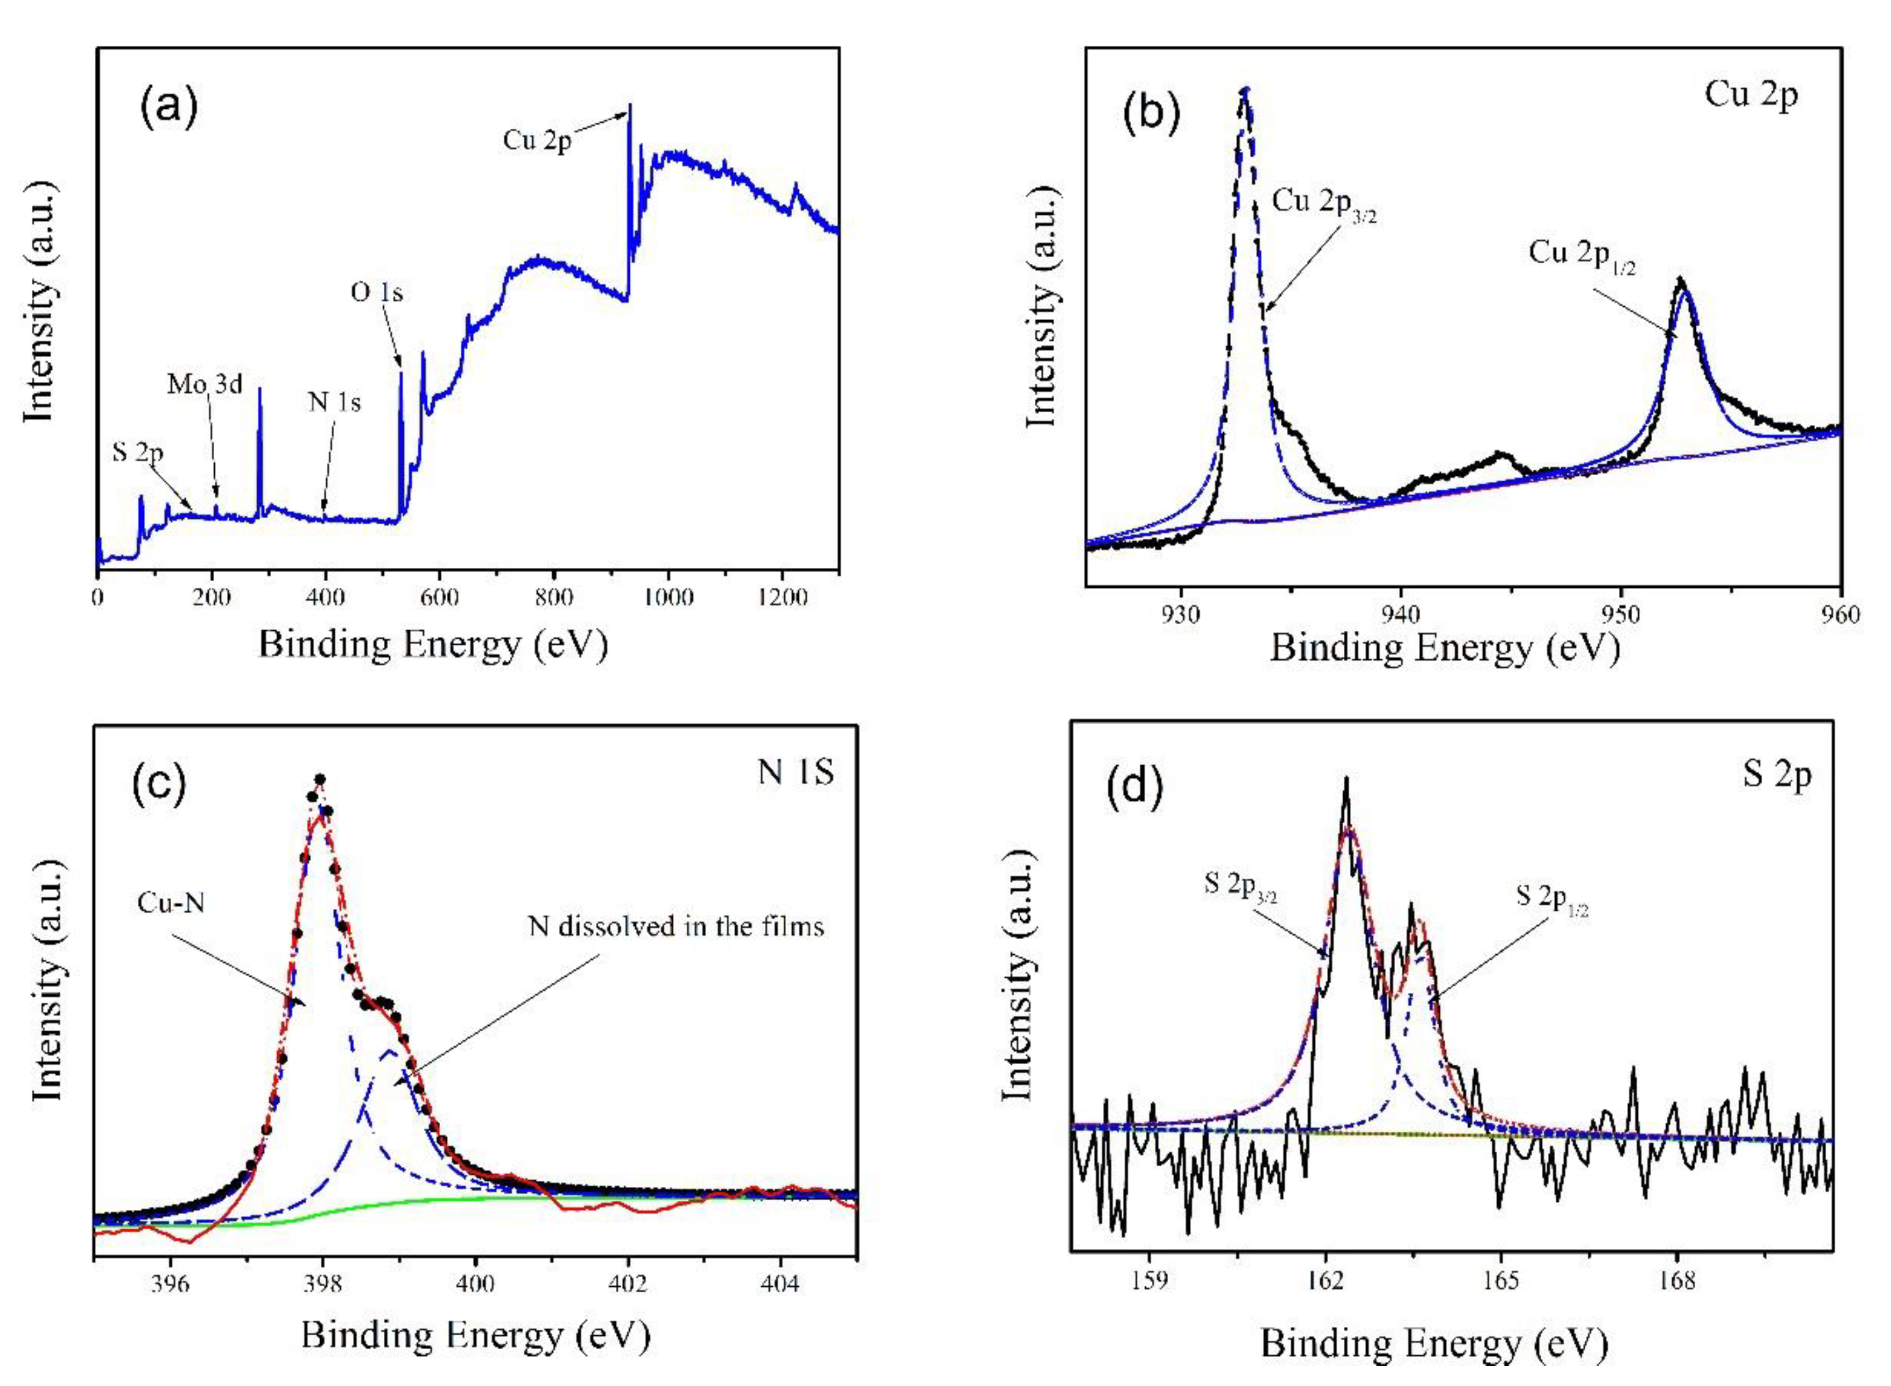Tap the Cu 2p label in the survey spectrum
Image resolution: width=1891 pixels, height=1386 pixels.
coord(537,139)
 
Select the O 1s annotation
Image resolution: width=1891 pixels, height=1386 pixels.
coord(377,292)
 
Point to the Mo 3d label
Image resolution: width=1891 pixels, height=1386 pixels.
coord(205,384)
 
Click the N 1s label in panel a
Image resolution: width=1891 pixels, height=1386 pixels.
coord(334,403)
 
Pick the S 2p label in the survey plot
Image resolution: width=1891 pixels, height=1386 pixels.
coord(138,453)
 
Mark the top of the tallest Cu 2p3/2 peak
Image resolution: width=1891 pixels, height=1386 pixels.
coord(1246,89)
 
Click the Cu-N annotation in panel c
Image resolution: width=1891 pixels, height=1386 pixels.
coord(171,904)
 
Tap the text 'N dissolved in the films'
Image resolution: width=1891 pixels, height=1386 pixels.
coord(676,926)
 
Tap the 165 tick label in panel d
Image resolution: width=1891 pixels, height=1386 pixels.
coord(1501,1281)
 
